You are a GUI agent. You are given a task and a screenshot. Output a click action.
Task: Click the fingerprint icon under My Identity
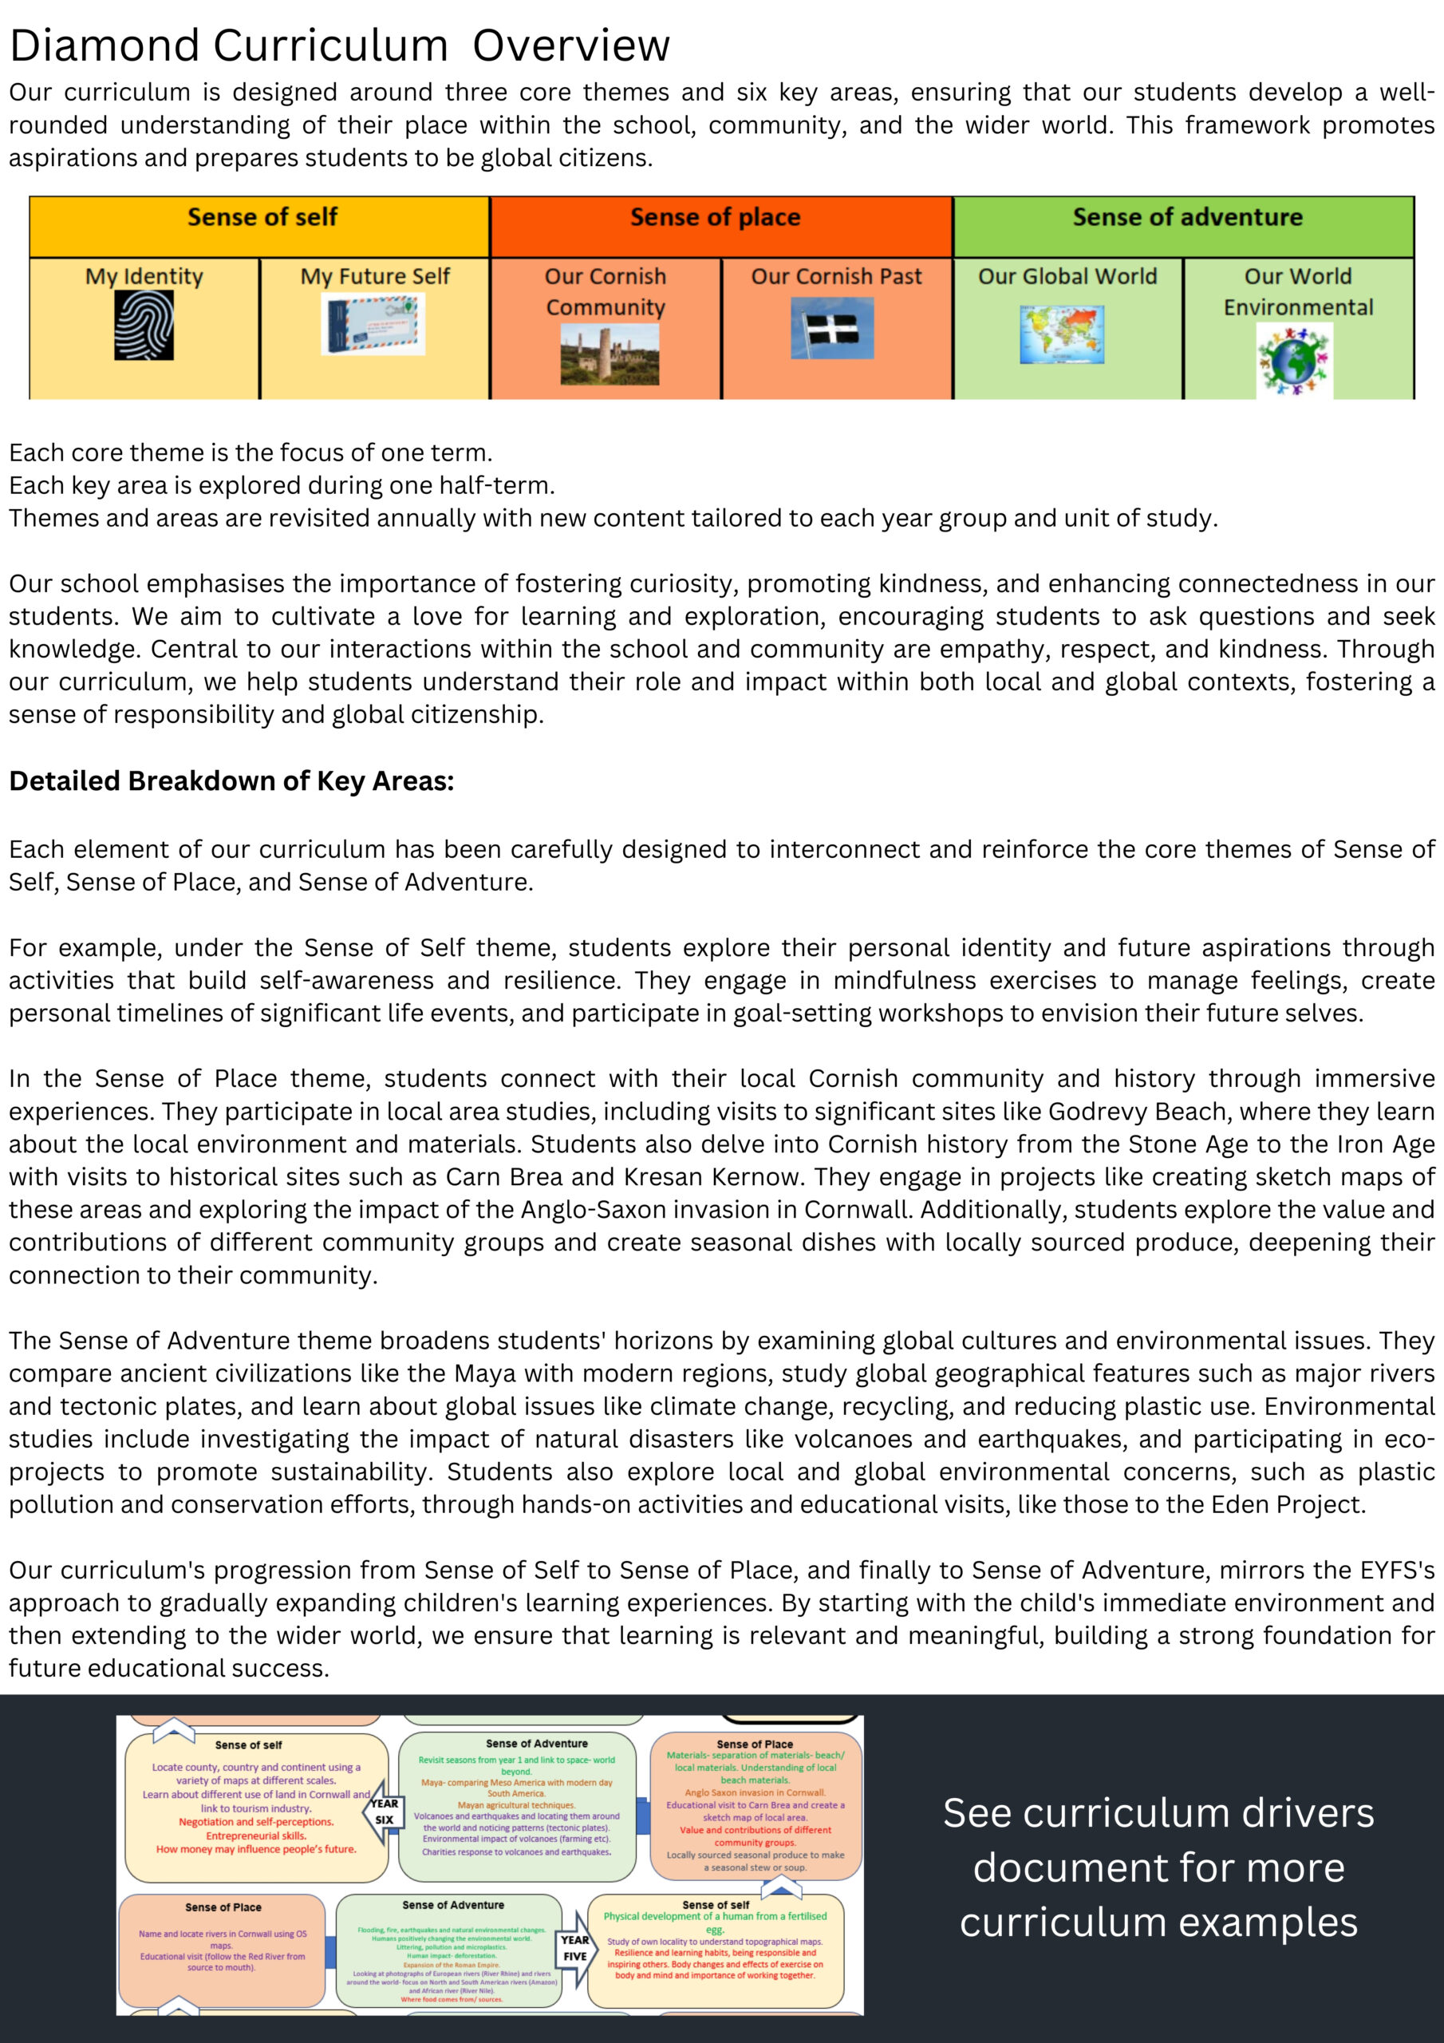coord(144,326)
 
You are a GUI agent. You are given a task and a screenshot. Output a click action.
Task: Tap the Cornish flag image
coord(832,327)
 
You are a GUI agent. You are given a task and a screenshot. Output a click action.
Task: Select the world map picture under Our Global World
coord(1063,334)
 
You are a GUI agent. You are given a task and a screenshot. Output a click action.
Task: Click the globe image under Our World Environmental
coord(1295,359)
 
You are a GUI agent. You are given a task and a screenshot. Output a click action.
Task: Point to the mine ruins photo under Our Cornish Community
coord(610,354)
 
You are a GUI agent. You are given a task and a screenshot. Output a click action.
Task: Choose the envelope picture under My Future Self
coord(373,324)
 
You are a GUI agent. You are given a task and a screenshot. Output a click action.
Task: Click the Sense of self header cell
coord(262,217)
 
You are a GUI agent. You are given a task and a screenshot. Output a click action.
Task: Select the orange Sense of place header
coord(716,217)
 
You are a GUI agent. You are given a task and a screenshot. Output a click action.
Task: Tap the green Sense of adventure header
coord(1187,217)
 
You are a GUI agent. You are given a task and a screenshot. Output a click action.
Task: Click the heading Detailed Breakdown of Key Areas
coord(231,780)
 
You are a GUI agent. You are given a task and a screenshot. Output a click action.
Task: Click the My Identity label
coord(144,277)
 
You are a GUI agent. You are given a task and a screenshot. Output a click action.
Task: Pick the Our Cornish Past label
coord(836,277)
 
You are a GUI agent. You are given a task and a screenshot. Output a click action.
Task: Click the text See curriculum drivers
coord(1158,1812)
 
